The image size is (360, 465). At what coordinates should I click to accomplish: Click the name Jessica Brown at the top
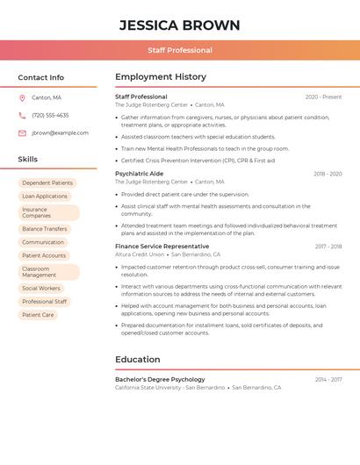tap(179, 24)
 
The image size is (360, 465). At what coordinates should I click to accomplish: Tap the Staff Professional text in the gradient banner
tap(179, 50)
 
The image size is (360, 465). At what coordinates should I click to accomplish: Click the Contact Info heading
tap(40, 77)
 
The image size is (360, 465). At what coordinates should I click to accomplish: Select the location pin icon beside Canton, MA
tap(22, 97)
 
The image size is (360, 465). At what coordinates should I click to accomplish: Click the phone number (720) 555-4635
tap(50, 115)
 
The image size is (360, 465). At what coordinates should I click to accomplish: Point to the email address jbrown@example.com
tap(60, 132)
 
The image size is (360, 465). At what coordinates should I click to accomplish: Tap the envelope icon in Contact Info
tap(22, 132)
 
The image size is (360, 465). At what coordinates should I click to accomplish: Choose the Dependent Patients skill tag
tap(47, 182)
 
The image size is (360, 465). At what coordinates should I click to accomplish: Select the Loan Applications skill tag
tap(45, 196)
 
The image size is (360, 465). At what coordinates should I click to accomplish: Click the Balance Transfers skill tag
tap(45, 228)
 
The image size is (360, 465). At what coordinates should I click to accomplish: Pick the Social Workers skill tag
tap(41, 288)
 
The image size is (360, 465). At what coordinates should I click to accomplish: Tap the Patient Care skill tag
tap(38, 314)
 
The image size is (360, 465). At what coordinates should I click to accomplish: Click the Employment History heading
tap(161, 77)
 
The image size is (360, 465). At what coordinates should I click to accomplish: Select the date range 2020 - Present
tap(323, 97)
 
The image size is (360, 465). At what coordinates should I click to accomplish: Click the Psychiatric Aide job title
tap(139, 174)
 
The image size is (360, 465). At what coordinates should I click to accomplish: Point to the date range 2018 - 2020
tap(328, 174)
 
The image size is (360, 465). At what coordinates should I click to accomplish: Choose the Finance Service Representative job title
tap(162, 247)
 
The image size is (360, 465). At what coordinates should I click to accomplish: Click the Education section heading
tap(137, 359)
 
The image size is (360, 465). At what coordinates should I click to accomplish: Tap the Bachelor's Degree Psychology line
tap(160, 379)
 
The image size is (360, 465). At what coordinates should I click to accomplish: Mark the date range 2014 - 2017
tap(328, 379)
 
